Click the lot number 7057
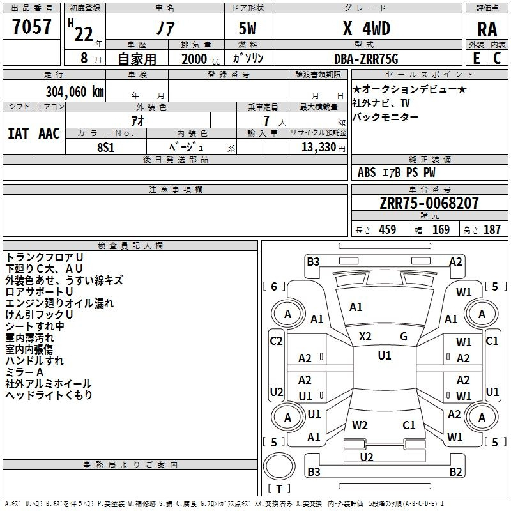click(x=32, y=26)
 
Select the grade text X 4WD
click(x=367, y=28)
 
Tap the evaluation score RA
click(x=487, y=29)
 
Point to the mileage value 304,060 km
click(x=75, y=92)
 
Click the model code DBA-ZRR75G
click(x=366, y=59)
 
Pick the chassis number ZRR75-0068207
click(x=429, y=202)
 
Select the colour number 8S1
click(x=106, y=148)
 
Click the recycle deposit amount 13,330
click(x=319, y=148)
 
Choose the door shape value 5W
click(x=247, y=28)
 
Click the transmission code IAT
click(x=18, y=133)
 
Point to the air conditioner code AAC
click(x=49, y=133)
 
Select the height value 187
click(x=492, y=229)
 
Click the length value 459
click(x=388, y=229)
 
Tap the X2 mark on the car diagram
click(x=365, y=337)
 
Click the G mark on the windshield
click(x=404, y=337)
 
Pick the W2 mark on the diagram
click(x=360, y=425)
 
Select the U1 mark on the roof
click(x=385, y=356)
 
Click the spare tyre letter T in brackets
click(x=279, y=489)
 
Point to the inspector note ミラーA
click(x=24, y=372)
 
